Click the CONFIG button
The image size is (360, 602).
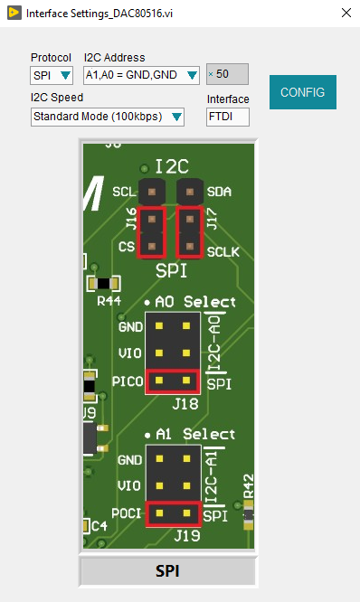tap(302, 92)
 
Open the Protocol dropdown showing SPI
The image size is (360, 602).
tap(52, 75)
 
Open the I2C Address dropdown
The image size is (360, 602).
tap(141, 75)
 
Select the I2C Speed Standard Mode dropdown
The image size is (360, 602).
tap(108, 117)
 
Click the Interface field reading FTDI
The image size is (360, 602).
tap(227, 117)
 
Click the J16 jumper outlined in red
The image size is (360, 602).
tap(151, 232)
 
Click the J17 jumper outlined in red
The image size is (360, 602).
tap(189, 232)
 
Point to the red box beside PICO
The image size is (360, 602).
tap(173, 381)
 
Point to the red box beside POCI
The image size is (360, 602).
tap(173, 513)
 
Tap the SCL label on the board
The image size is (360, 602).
tap(123, 193)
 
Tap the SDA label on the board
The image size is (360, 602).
tap(218, 193)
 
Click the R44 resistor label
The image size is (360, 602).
tap(109, 300)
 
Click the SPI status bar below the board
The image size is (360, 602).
tap(167, 571)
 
